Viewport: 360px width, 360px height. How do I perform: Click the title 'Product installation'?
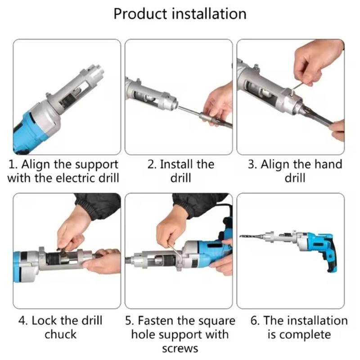(180, 13)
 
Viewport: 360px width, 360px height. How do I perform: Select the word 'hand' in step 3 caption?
(327, 164)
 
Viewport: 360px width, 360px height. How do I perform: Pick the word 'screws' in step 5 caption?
(180, 348)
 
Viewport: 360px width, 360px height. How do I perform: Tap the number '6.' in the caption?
(255, 321)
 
